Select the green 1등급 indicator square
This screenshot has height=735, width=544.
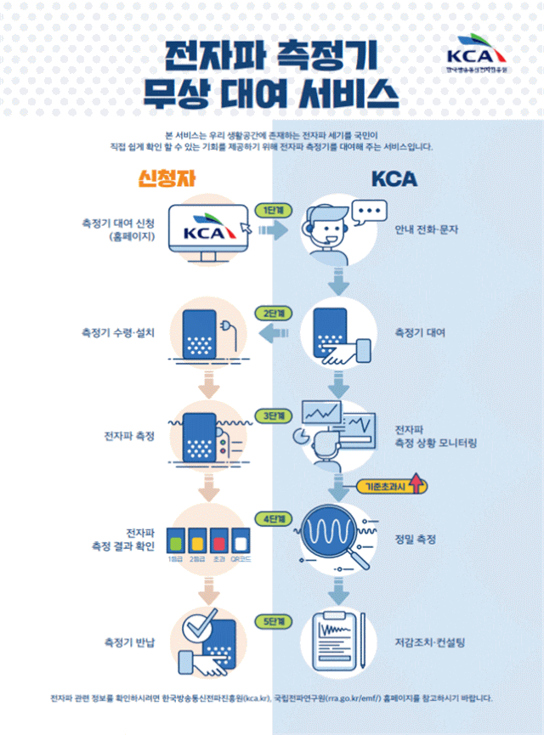coord(176,540)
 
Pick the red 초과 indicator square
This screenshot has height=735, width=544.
coord(219,540)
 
